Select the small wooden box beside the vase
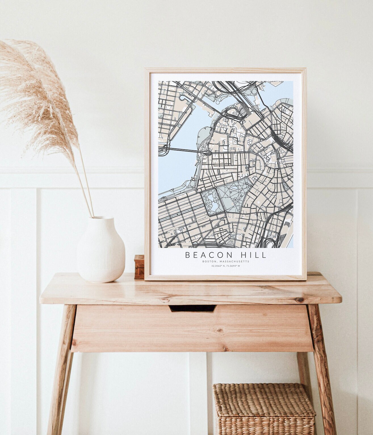pos(139,266)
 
